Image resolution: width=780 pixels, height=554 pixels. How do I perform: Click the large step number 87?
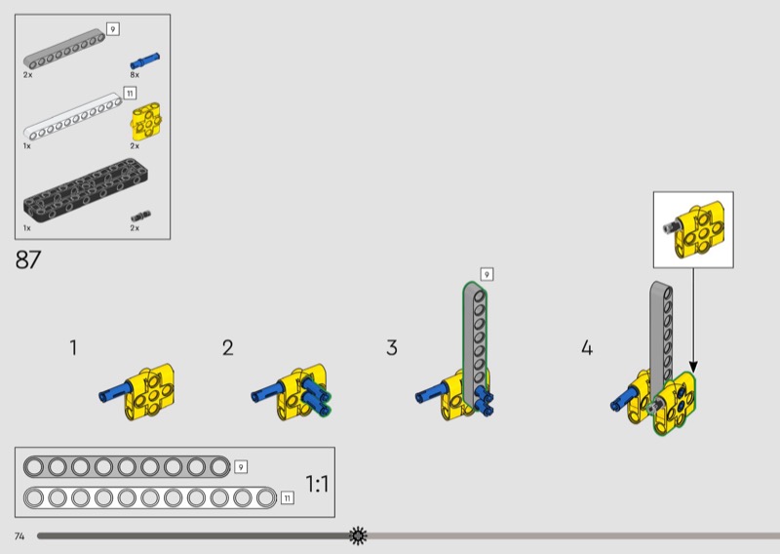[x=28, y=259]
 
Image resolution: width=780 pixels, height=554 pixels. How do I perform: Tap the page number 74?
[x=19, y=536]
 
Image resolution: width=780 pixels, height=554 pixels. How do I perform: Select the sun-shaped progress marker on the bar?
[x=358, y=535]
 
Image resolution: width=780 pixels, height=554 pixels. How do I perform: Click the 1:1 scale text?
[x=317, y=484]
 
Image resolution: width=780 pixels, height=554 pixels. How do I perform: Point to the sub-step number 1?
[x=73, y=347]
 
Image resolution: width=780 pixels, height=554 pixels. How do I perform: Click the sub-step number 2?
[x=228, y=348]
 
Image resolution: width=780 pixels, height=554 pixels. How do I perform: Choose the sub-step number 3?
[x=392, y=347]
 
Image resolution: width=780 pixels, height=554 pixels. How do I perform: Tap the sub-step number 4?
[x=587, y=347]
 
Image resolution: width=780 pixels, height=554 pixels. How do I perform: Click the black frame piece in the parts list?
[x=87, y=189]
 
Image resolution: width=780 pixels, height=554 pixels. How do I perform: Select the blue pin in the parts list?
[x=144, y=60]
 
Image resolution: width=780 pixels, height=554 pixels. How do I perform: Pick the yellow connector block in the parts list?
[x=145, y=122]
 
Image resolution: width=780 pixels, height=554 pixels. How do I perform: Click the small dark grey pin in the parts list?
[x=140, y=217]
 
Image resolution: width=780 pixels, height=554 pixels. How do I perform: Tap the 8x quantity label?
[x=135, y=75]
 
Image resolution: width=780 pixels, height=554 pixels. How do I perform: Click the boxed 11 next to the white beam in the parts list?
[x=130, y=93]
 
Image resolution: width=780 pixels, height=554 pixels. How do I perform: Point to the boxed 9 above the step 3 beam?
[x=487, y=274]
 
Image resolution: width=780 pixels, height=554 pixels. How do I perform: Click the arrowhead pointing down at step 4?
[x=693, y=368]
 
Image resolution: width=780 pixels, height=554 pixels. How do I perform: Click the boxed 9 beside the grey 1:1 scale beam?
[x=241, y=467]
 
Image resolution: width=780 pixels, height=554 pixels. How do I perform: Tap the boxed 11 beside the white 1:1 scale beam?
[x=287, y=497]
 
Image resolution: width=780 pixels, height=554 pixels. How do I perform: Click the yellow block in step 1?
[x=149, y=392]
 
